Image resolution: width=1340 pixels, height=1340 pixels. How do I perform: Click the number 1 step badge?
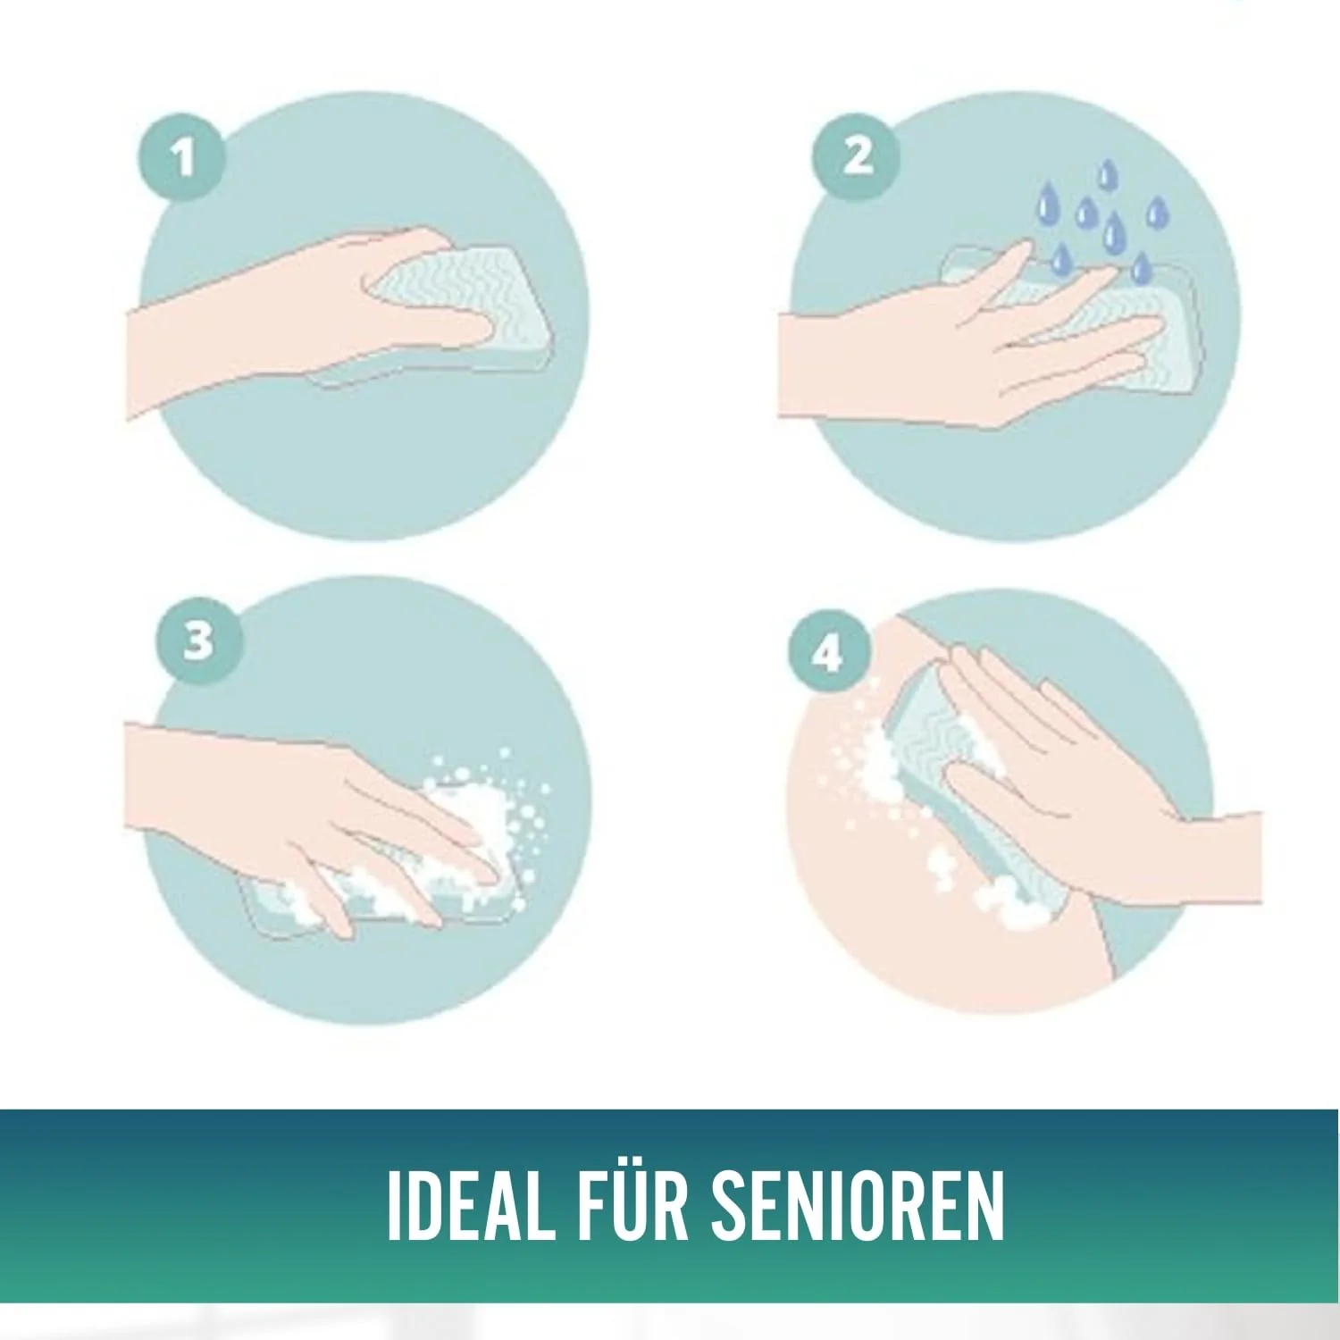[x=182, y=160]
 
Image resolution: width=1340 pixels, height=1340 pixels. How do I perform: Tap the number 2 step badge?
[x=856, y=155]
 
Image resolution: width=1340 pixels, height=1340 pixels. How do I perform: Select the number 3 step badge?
[x=198, y=641]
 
